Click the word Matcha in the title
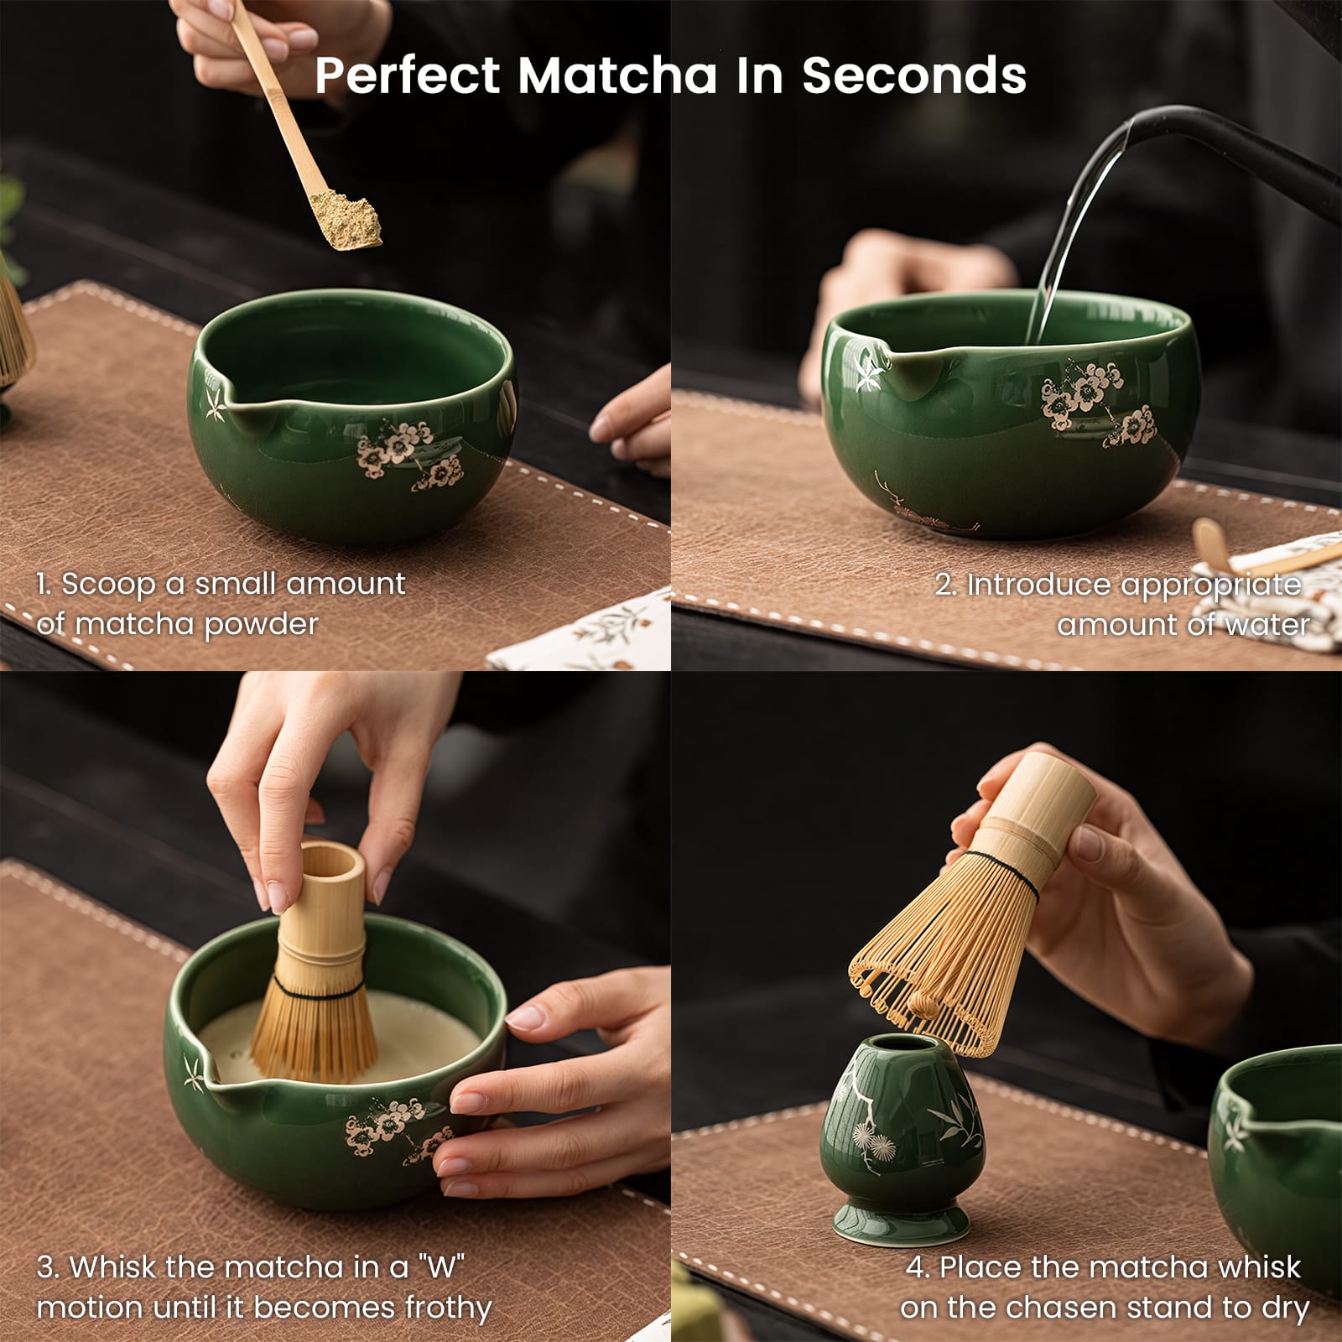617,75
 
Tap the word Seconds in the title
914,75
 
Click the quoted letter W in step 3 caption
441,1267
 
